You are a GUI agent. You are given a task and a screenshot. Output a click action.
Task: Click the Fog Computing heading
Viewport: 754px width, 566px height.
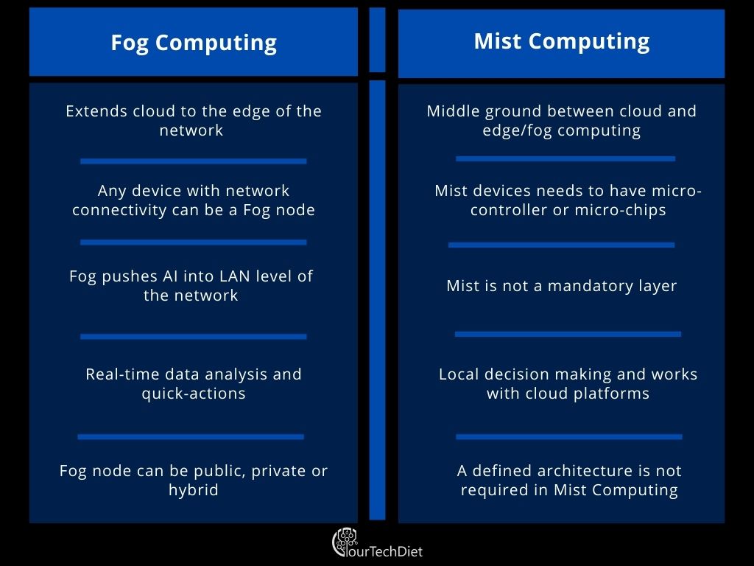pyautogui.click(x=194, y=43)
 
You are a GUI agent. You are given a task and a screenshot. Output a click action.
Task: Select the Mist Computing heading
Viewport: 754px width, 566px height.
pyautogui.click(x=562, y=41)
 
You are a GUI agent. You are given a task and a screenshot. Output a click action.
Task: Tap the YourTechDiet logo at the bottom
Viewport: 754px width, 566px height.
pyautogui.click(x=377, y=543)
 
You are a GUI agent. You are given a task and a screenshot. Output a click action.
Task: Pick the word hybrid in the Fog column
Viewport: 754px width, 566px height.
pyautogui.click(x=194, y=490)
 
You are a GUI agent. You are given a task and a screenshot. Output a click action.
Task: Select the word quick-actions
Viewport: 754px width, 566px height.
pyautogui.click(x=194, y=394)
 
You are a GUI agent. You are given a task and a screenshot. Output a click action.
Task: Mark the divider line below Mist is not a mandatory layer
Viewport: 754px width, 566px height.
pyautogui.click(x=568, y=334)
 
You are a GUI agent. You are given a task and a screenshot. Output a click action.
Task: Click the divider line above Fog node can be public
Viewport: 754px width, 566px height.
pyautogui.click(x=191, y=437)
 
